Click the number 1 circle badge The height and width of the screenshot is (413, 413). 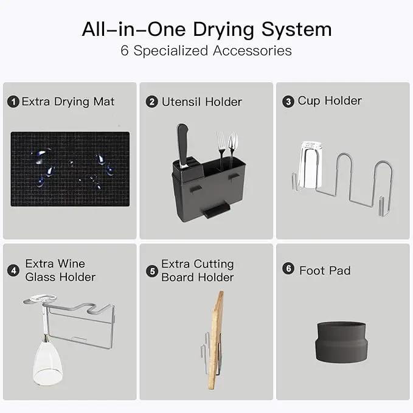[x=13, y=102]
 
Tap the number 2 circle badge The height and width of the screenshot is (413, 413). [x=151, y=102]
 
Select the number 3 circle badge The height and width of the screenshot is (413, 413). [x=288, y=102]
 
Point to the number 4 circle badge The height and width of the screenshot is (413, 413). [x=13, y=271]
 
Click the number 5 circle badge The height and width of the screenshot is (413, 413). [x=152, y=271]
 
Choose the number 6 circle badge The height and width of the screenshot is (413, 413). [x=288, y=269]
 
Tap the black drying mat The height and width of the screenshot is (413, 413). [x=70, y=169]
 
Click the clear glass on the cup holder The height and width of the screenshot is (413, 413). [x=310, y=165]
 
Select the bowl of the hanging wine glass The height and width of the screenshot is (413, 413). [x=47, y=361]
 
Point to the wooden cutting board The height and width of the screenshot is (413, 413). [x=216, y=340]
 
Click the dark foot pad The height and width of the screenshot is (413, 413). [x=341, y=342]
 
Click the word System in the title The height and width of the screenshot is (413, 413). [x=296, y=29]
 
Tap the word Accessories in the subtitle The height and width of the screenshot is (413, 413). [x=252, y=50]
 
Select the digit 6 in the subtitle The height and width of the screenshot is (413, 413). [x=125, y=50]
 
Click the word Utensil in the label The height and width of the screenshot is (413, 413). [x=181, y=102]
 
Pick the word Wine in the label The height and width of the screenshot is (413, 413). [x=71, y=263]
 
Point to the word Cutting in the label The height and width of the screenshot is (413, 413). [x=214, y=265]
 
